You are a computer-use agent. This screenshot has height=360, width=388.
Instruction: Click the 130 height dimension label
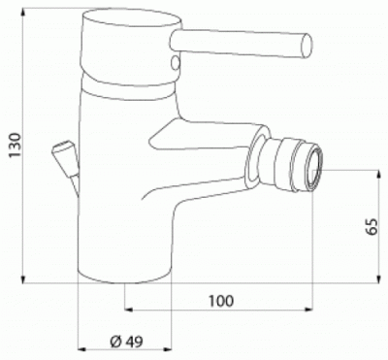[x=15, y=146]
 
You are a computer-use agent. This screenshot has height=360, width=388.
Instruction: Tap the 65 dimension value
[x=372, y=226]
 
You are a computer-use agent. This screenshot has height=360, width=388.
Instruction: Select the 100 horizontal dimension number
[x=220, y=301]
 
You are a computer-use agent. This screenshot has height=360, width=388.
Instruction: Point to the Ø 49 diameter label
[x=126, y=342]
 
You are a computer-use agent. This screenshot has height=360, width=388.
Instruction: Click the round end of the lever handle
[x=307, y=47]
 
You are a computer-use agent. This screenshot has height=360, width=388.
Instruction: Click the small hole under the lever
[x=176, y=62]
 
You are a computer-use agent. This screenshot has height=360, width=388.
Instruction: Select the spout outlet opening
[x=314, y=169]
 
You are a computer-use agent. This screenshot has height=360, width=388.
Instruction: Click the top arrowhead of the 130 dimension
[x=23, y=13]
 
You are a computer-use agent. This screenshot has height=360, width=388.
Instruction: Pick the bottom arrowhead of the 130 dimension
[x=23, y=279]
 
